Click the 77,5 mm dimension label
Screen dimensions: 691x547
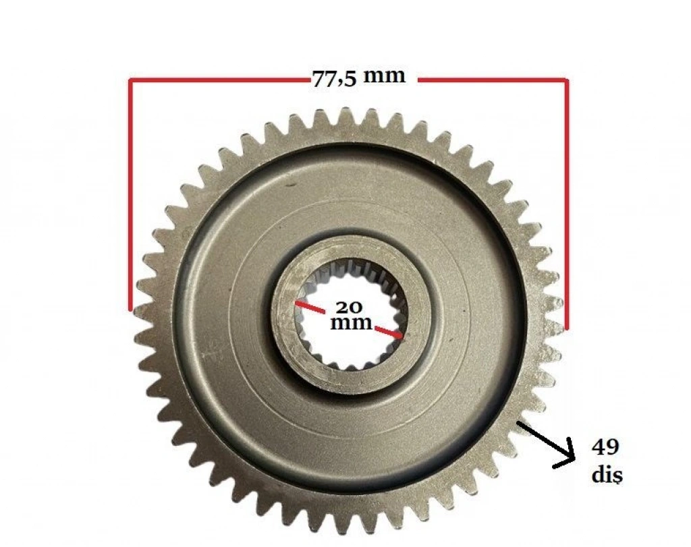[358, 78]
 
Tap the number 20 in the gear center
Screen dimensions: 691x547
[349, 307]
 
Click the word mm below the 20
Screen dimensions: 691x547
[351, 323]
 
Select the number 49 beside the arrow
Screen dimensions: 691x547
[605, 447]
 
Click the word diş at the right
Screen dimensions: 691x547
[607, 475]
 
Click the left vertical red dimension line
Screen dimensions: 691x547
[130, 195]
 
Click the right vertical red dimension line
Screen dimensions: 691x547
[567, 204]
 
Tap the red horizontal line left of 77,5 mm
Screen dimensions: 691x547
[220, 80]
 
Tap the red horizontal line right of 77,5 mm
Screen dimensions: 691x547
[493, 80]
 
